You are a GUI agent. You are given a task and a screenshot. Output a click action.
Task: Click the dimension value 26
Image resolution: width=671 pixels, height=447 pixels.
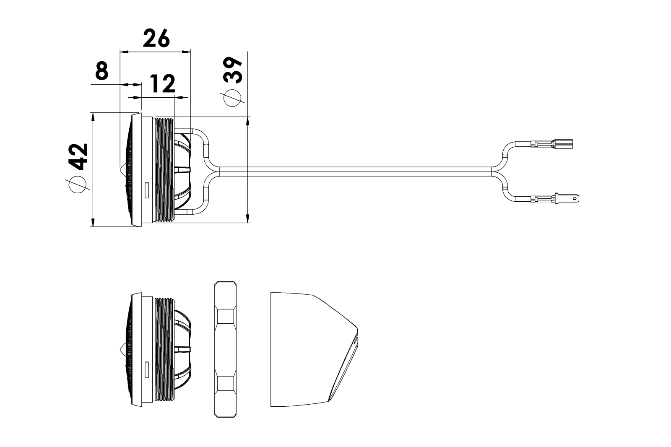click(156, 39)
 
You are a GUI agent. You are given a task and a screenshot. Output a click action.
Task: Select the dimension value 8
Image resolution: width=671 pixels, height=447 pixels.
click(102, 71)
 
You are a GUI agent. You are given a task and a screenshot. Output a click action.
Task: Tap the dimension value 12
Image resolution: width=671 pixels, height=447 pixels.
click(162, 84)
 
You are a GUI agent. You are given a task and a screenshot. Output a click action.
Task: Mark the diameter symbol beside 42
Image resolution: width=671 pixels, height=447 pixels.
click(78, 185)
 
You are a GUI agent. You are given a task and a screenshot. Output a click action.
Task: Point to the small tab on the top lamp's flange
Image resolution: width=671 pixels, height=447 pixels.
click(146, 190)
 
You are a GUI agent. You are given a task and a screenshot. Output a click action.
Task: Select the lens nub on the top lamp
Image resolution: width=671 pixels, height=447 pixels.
click(122, 171)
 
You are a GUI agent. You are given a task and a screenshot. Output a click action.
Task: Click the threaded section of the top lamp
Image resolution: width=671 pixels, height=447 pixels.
click(164, 170)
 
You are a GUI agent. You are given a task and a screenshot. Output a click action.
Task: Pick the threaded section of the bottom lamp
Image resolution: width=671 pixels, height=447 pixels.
click(164, 349)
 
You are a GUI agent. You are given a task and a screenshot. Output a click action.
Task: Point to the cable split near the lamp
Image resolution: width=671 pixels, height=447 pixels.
click(212, 171)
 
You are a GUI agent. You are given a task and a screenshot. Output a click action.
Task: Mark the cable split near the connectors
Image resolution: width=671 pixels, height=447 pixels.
click(499, 171)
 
